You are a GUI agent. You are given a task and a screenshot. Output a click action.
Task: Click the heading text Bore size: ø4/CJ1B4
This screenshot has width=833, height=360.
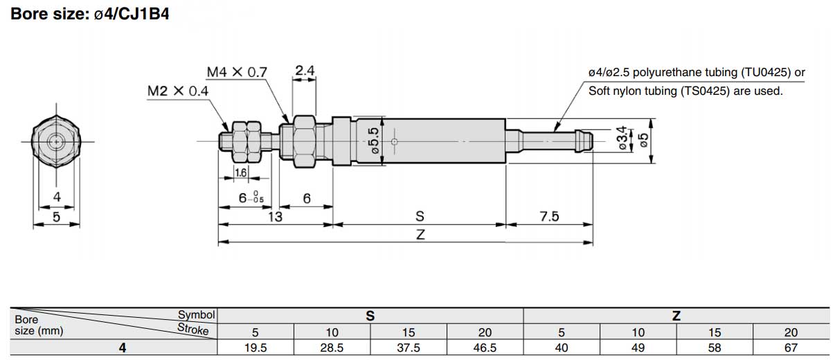90,13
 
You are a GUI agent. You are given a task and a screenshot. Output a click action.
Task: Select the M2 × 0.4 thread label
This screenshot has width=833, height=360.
178,91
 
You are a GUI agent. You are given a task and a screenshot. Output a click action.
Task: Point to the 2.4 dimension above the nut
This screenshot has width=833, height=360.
305,70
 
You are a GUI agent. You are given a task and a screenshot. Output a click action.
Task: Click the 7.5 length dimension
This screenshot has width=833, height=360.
548,217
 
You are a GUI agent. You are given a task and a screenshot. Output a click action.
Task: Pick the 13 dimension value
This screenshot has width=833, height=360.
275,217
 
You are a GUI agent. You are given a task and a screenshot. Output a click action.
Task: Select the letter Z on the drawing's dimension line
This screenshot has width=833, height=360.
420,235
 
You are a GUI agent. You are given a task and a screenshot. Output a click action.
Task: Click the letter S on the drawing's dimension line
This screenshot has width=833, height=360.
420,217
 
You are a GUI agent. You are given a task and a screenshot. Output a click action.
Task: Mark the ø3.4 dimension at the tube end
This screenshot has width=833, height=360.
620,138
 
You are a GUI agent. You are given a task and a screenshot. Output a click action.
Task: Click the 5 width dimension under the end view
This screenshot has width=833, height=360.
57,217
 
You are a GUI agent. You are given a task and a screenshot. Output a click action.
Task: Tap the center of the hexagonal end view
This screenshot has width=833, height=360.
56,141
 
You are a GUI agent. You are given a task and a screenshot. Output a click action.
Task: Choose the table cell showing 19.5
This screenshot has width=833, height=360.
256,348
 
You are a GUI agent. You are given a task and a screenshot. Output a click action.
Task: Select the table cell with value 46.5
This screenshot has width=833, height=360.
485,348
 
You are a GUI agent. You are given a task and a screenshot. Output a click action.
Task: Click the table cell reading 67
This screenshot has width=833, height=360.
791,348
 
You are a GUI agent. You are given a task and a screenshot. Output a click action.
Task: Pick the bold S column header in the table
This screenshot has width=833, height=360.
370,316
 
